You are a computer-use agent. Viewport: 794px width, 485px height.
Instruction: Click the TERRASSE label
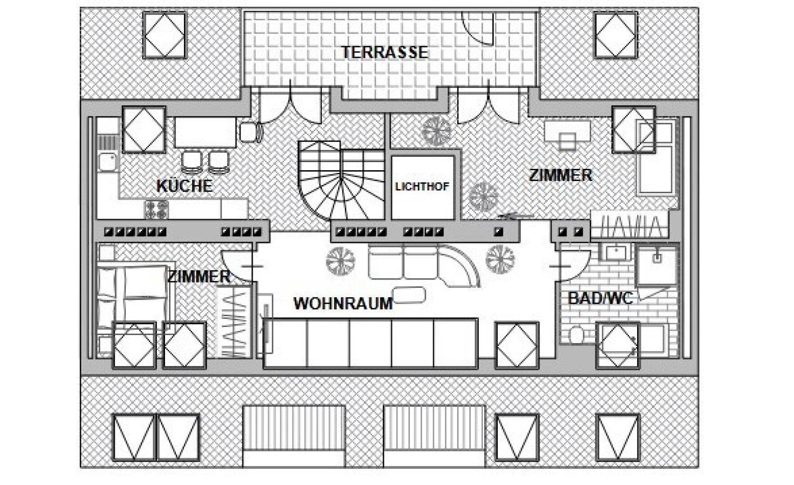tap(384, 52)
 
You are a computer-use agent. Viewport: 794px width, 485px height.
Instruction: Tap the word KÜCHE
tap(184, 186)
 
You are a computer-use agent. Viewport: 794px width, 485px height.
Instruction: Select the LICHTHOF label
tap(422, 186)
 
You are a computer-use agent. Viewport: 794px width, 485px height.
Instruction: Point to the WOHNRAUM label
tap(343, 303)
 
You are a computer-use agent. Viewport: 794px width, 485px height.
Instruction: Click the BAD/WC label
tap(601, 298)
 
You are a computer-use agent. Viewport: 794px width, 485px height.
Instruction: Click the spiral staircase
tap(342, 179)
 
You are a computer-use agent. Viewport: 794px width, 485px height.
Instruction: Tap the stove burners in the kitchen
tap(156, 209)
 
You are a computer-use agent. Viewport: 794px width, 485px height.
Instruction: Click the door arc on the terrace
tap(478, 27)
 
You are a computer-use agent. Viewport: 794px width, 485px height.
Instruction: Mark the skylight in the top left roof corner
tap(165, 35)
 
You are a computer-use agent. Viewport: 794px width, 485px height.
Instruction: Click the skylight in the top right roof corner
tap(616, 35)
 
